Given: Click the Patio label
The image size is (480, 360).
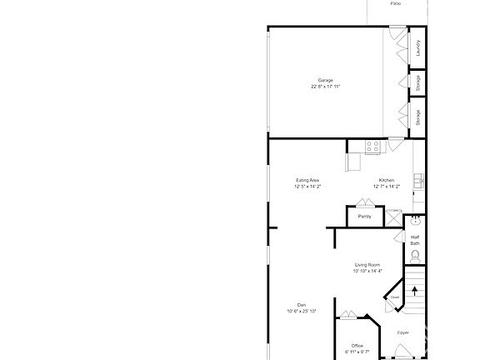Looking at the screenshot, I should pos(395,3).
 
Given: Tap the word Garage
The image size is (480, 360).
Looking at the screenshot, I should pos(326,80).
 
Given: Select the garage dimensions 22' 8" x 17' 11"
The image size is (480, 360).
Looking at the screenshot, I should pos(326,87).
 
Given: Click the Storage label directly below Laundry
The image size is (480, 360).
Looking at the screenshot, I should pos(417,82).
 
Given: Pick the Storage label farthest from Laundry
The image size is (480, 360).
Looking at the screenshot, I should pos(417,117).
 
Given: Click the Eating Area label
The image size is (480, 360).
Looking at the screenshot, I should pos(307,181).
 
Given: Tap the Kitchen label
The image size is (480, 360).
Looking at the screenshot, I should pos(387,181).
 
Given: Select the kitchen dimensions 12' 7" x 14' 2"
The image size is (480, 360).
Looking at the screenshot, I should pos(387,187).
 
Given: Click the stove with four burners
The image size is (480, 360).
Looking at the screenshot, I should pos(372,147).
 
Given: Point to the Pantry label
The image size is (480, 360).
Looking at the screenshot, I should pos(364,217).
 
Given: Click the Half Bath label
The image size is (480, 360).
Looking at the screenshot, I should pos(415,240).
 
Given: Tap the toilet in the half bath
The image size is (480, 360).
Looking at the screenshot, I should pos(415,256).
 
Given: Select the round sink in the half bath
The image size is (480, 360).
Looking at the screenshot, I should pos(415,222).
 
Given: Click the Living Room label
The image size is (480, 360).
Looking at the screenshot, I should pos(367,264).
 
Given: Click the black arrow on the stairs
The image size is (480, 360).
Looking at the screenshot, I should pos(414,291).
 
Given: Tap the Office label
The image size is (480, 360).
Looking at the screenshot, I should pos(357,346).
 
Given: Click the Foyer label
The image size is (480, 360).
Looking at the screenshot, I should pos(403,332).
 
